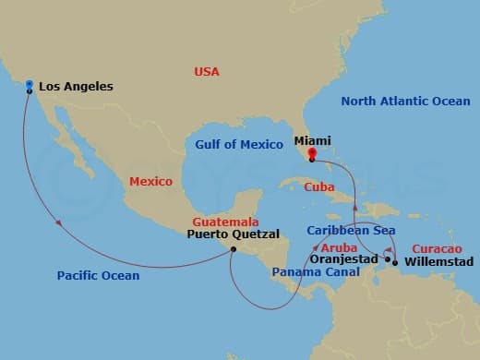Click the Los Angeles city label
tap(76, 87)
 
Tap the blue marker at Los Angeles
tap(30, 85)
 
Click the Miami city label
tap(312, 140)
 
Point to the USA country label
tap(208, 71)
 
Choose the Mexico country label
tap(150, 182)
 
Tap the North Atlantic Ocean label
tap(405, 101)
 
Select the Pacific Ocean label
tap(98, 275)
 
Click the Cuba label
tap(318, 187)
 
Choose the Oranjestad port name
tap(342, 260)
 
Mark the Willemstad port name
tap(436, 261)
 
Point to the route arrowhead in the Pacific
tap(60, 222)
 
